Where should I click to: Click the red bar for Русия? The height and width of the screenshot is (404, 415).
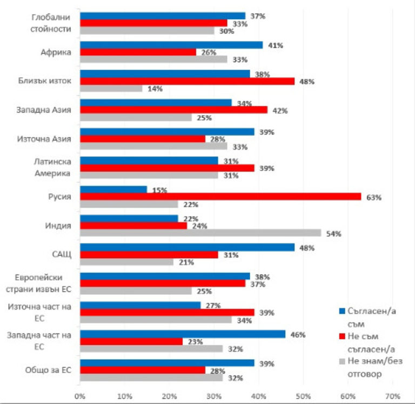(x=220, y=197)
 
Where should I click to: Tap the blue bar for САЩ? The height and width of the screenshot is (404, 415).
(x=187, y=247)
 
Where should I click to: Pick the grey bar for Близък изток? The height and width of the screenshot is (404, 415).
(x=111, y=89)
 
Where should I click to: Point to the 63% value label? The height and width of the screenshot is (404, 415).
(x=374, y=198)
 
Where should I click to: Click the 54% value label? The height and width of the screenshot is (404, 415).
(x=334, y=234)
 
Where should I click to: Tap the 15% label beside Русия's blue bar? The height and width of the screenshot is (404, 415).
(x=160, y=190)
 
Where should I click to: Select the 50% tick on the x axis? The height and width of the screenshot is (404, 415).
(x=303, y=396)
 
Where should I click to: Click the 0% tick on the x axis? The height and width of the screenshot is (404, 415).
(x=80, y=396)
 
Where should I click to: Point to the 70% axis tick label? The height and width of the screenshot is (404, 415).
(x=393, y=396)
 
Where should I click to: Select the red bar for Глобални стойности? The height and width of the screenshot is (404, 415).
(x=153, y=23)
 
